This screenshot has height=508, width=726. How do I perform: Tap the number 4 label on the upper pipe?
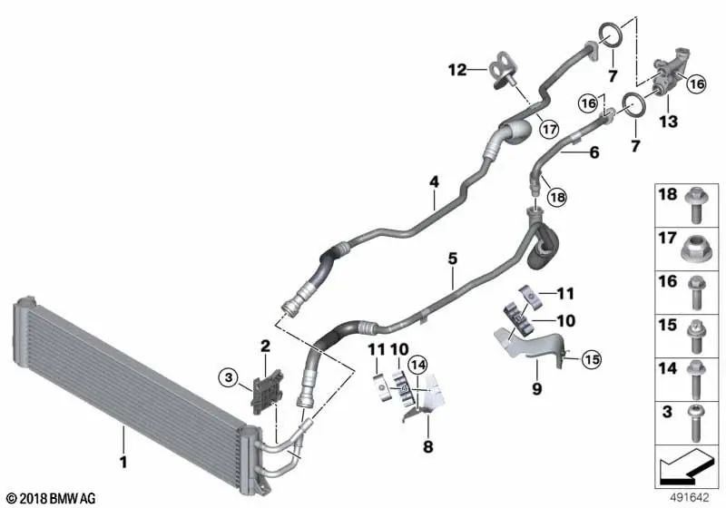[x=434, y=181]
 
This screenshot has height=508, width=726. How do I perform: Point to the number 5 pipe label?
[x=452, y=259]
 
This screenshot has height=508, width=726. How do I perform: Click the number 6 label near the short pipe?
[x=594, y=153]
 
